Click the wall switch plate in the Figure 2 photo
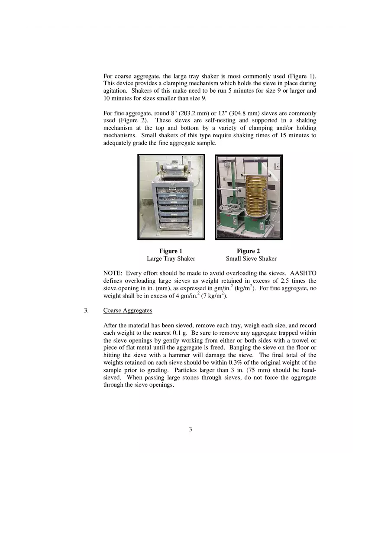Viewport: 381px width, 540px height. pyautogui.click(x=277, y=165)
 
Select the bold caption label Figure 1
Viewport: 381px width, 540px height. pyautogui.click(x=171, y=251)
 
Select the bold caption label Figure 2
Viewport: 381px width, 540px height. pyautogui.click(x=249, y=251)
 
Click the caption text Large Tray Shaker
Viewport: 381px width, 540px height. pyautogui.click(x=171, y=259)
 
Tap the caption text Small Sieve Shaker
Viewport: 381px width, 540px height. pyautogui.click(x=251, y=259)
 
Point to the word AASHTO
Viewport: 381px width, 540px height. pyautogui.click(x=303, y=273)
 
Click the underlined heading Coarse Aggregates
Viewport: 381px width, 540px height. pyautogui.click(x=128, y=310)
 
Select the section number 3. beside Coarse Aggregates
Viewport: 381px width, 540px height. pyautogui.click(x=86, y=310)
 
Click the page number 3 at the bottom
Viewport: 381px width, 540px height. pyautogui.click(x=190, y=429)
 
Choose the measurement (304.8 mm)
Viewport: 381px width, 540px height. pyautogui.click(x=245, y=113)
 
